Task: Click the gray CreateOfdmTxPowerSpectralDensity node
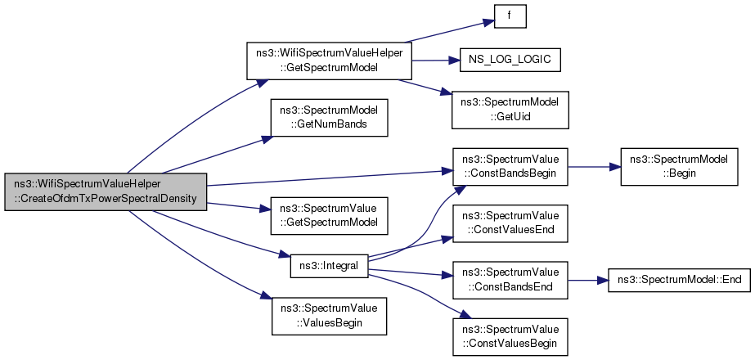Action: [106, 191]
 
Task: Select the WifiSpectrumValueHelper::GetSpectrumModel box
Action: [330, 61]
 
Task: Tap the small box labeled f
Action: [510, 16]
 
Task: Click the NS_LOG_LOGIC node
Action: [510, 61]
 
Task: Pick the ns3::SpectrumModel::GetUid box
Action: [510, 110]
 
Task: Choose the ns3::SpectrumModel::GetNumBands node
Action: [329, 118]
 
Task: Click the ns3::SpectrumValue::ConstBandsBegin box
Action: [510, 167]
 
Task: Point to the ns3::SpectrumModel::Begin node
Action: [679, 167]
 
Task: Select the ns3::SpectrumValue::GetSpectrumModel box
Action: [329, 216]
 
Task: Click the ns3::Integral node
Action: [329, 266]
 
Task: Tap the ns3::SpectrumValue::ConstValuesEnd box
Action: [510, 223]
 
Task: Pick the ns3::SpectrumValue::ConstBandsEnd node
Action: [510, 281]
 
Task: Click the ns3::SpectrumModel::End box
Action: [679, 280]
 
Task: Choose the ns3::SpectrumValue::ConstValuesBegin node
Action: [510, 337]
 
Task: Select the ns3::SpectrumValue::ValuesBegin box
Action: [329, 317]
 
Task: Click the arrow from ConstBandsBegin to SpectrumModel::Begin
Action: [594, 167]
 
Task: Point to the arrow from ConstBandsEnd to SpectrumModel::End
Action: [588, 280]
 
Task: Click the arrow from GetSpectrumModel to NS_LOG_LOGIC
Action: [436, 61]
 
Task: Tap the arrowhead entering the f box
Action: [489, 22]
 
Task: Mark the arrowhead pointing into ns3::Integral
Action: [285, 254]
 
